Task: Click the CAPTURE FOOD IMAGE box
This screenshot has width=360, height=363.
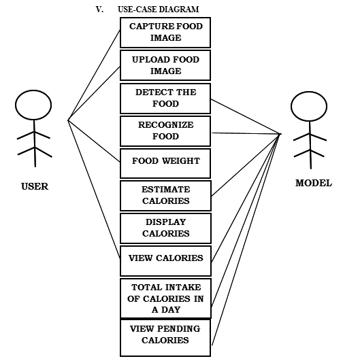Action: tap(165, 33)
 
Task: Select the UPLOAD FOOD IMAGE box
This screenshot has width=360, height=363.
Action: tap(165, 65)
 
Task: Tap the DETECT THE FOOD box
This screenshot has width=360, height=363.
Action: tap(165, 99)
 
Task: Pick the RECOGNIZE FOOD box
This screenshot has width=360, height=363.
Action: tap(165, 131)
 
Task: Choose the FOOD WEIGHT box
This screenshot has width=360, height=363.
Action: tap(165, 163)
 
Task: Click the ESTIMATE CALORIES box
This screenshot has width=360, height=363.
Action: tap(165, 196)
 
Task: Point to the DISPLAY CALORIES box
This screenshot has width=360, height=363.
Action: tap(165, 228)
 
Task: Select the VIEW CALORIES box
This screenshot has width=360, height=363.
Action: tap(165, 261)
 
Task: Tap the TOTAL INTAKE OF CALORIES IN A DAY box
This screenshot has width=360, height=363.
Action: tap(165, 298)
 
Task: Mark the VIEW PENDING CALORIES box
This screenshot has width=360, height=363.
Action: tap(165, 338)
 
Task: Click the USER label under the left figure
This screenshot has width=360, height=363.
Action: tap(35, 186)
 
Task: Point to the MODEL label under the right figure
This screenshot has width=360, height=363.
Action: tap(314, 183)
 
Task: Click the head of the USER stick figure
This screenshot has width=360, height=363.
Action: tap(33, 105)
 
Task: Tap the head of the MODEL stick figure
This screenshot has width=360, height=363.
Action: tap(309, 106)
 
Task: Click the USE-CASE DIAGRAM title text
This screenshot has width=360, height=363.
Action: tap(159, 10)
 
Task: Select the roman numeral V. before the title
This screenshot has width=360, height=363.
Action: tap(99, 10)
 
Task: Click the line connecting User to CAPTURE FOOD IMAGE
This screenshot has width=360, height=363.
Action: tap(94, 75)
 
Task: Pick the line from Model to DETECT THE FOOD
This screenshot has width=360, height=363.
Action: tap(246, 117)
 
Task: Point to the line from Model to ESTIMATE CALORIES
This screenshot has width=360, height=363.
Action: tap(246, 165)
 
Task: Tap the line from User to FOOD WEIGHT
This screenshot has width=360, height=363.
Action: tap(94, 141)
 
